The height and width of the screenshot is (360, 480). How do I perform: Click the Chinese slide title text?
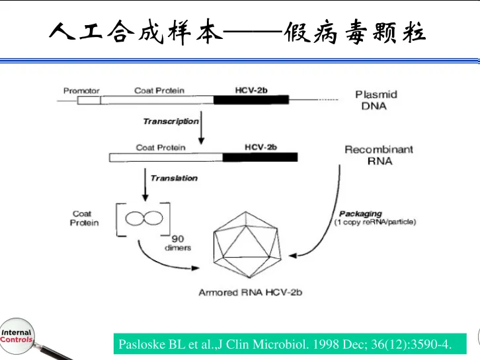[x=238, y=30]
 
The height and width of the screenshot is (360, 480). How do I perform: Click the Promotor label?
[x=81, y=90]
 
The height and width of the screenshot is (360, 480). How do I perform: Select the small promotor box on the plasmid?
[x=89, y=100]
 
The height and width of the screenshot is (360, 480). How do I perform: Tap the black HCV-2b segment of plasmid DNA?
[x=251, y=100]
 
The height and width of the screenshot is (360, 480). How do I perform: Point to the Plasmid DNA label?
[x=376, y=100]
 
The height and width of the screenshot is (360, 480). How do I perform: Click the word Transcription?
[x=171, y=121]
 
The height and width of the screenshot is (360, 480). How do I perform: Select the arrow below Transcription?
[x=202, y=130]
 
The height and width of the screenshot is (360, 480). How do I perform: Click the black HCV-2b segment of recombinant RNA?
[x=260, y=157]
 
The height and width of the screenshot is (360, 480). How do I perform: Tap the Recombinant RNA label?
[x=378, y=155]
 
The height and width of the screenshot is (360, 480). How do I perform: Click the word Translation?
[x=174, y=178]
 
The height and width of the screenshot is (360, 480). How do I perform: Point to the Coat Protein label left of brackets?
[x=84, y=218]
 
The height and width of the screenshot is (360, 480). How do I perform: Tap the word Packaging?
[x=360, y=213]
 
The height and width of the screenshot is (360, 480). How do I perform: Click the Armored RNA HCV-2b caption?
[x=250, y=293]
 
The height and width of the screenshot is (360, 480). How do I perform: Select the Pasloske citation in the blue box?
[x=285, y=344]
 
